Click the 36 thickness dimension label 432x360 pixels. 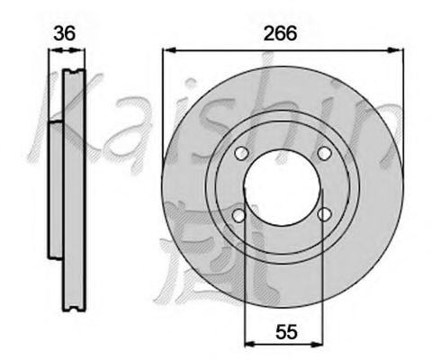64,34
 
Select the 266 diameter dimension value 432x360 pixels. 281,33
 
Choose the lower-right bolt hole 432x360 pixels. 324,214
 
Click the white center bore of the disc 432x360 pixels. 281,184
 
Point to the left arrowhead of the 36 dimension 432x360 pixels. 52,52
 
